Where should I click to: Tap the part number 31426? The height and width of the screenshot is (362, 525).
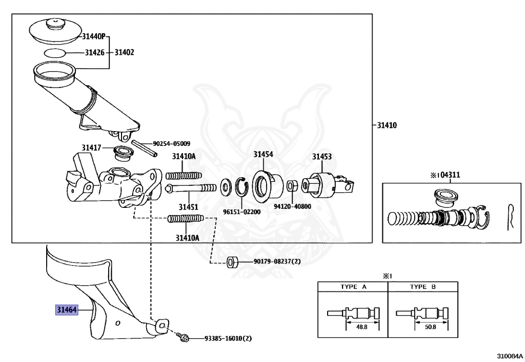94,52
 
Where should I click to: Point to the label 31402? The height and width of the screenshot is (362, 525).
124,52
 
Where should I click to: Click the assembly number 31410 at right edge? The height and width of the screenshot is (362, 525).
388,125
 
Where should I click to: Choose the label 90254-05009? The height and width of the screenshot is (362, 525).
172,144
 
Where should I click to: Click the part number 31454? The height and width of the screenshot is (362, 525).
263,154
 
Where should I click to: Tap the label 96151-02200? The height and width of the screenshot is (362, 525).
242,211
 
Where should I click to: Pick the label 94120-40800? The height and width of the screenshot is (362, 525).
293,207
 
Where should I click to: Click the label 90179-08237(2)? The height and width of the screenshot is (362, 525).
277,262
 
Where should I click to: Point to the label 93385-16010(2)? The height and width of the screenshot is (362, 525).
228,338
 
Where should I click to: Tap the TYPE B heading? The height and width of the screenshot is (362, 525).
423,287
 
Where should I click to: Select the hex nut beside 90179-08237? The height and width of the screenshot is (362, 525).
231,262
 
